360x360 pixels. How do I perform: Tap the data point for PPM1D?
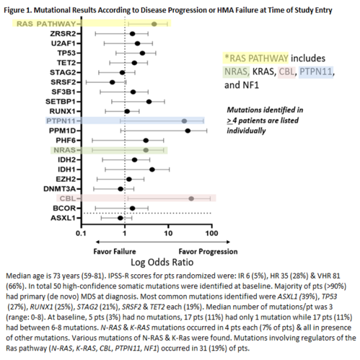[188, 131]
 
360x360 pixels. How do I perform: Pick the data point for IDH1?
[152, 170]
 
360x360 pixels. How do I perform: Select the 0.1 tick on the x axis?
[82, 234]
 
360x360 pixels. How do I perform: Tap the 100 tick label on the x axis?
[211, 234]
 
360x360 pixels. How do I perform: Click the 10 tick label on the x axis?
[168, 234]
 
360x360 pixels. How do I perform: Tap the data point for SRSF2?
[112, 82]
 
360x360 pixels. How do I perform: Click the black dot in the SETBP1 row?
[149, 102]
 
